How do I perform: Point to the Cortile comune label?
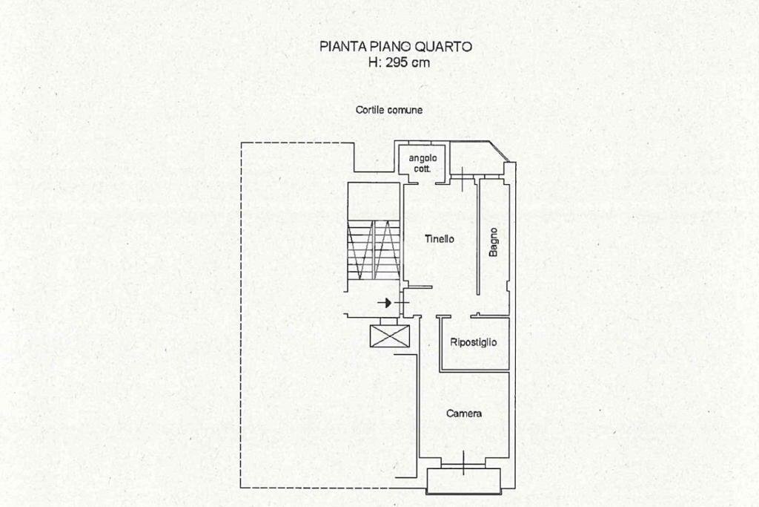click(389, 110)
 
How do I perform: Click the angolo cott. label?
click(422, 163)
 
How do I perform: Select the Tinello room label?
click(440, 239)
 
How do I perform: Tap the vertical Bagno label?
click(494, 242)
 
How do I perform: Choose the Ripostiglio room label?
click(474, 342)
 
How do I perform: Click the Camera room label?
click(464, 413)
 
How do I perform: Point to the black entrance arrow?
click(384, 303)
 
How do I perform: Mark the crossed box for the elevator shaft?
click(390, 335)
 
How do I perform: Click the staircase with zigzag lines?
click(374, 251)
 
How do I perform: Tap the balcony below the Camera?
click(464, 480)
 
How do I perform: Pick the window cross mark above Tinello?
click(461, 177)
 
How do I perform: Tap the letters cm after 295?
click(421, 63)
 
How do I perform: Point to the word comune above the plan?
click(406, 110)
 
